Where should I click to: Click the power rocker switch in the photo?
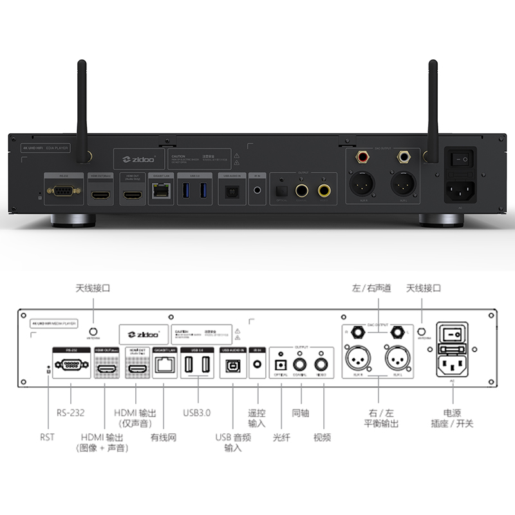(460, 156)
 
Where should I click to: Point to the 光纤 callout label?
(281, 438)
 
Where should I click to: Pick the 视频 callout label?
(322, 438)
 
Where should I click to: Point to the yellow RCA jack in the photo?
(323, 191)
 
